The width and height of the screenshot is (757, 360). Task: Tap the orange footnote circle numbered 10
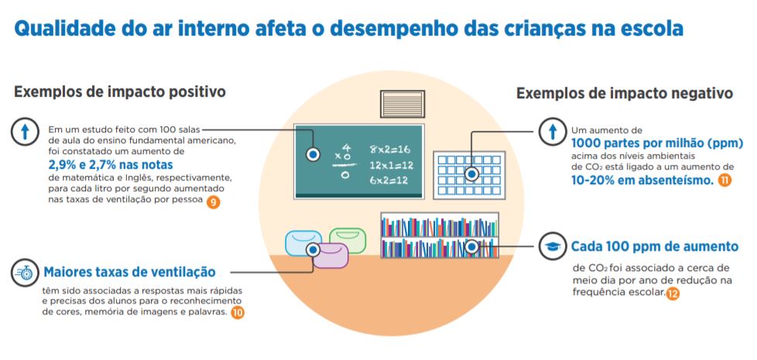coord(238,312)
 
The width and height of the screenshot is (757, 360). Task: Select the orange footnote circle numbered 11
coord(724,180)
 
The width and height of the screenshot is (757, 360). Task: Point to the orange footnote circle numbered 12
coord(673,293)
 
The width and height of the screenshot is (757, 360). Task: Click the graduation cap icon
coord(553,247)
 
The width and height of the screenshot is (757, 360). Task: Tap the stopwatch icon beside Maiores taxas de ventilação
coord(25,272)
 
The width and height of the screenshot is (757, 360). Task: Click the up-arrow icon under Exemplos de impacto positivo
coord(25,132)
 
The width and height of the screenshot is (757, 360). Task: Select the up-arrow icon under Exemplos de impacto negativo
coord(553,132)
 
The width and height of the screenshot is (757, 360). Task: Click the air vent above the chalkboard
coord(403,104)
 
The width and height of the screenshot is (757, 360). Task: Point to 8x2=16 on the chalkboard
coord(389,148)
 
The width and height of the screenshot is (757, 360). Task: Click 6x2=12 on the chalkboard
coord(389,180)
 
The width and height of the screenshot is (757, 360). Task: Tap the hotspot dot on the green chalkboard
coord(313,155)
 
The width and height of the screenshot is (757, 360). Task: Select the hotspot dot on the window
coord(472,173)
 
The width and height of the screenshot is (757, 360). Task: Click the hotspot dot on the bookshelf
coord(472,247)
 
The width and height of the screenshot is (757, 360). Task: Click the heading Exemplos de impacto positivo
coord(120,92)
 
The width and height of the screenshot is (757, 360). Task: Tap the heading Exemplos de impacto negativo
coord(624,94)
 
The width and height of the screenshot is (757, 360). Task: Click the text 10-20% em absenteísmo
coord(642,180)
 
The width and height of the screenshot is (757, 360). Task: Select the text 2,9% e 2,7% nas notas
coord(110,165)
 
